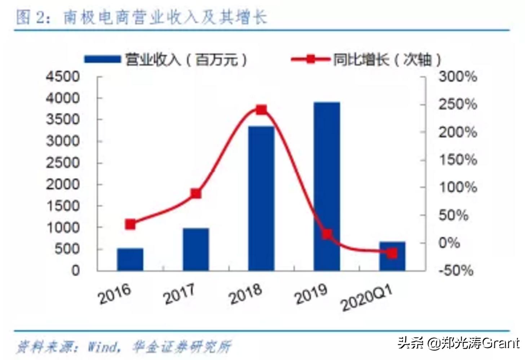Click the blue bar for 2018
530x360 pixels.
(x=261, y=198)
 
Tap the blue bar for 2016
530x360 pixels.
(x=130, y=259)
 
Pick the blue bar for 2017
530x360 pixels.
(x=196, y=249)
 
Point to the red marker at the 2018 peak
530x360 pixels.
(x=261, y=110)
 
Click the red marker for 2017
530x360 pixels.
(x=196, y=194)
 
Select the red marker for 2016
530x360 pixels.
(x=130, y=224)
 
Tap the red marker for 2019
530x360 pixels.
(x=327, y=234)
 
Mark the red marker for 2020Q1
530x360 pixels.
(x=392, y=253)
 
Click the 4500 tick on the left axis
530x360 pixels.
(x=63, y=77)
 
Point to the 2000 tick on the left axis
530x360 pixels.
(x=63, y=184)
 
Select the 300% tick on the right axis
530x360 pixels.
(x=458, y=77)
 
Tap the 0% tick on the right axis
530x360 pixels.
(x=449, y=243)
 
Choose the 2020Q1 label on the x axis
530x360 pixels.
(x=366, y=299)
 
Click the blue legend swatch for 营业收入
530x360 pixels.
(x=102, y=59)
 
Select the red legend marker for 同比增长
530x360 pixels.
(x=310, y=59)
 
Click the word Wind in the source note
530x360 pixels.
(x=103, y=347)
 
